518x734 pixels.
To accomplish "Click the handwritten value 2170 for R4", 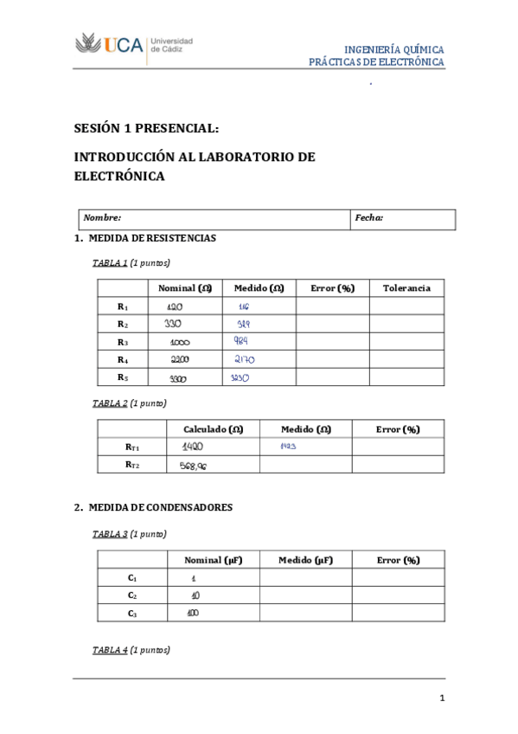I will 245,359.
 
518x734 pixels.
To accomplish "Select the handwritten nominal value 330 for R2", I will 174,324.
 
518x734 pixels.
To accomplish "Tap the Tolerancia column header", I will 406,288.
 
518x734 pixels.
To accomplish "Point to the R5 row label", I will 123,377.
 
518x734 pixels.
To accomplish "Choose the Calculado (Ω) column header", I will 213,429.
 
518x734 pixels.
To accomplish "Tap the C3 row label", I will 131,613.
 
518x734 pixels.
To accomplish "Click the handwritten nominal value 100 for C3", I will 192,613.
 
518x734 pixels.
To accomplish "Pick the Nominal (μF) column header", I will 213,560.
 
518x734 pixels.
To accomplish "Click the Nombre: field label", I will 102,219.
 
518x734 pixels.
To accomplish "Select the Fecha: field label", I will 369,219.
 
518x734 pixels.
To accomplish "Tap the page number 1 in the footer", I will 441,699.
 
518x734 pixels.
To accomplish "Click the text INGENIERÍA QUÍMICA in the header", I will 393,50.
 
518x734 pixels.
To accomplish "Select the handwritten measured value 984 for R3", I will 241,341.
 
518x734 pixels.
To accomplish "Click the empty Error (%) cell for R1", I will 333,306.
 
